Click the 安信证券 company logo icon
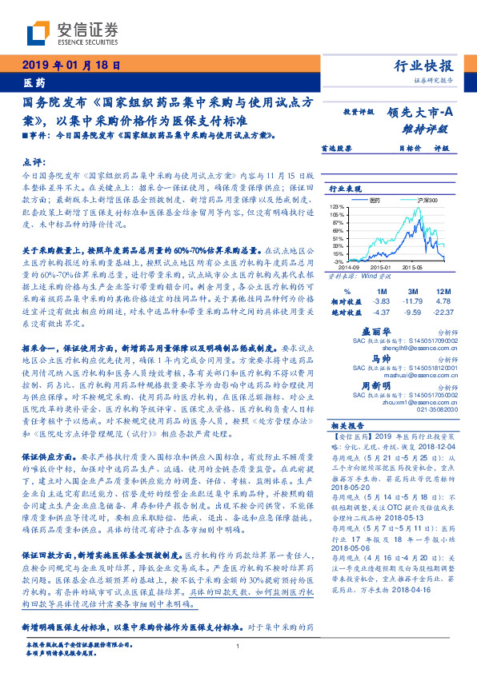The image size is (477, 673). [40, 33]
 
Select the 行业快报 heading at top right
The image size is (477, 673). [425, 66]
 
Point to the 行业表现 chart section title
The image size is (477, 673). [347, 189]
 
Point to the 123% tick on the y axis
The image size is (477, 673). [338, 207]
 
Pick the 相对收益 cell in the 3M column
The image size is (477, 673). [414, 301]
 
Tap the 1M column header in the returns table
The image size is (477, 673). [381, 290]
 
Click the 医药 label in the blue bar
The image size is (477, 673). [34, 83]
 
